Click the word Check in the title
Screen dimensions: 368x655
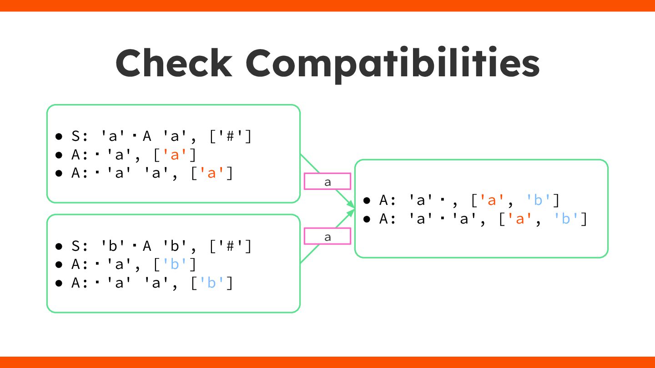tap(174, 64)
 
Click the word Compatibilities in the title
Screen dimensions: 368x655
tap(393, 64)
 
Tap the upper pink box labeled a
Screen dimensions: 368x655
tap(327, 181)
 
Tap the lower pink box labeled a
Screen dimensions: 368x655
tap(327, 236)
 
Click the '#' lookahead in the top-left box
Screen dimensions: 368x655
tap(231, 136)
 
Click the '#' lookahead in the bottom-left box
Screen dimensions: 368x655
tap(231, 246)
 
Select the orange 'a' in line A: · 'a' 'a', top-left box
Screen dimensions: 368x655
tap(212, 174)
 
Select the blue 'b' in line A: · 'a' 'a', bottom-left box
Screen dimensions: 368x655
tap(212, 283)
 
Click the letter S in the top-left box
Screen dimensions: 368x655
tap(76, 136)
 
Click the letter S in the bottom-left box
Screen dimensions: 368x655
tap(76, 246)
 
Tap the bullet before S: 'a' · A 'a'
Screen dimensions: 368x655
tap(59, 136)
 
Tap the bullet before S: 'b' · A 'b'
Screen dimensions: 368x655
tap(59, 246)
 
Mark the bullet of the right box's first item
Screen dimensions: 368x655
tap(367, 200)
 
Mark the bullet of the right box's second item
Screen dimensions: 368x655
tap(367, 219)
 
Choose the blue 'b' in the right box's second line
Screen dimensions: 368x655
tap(565, 219)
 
